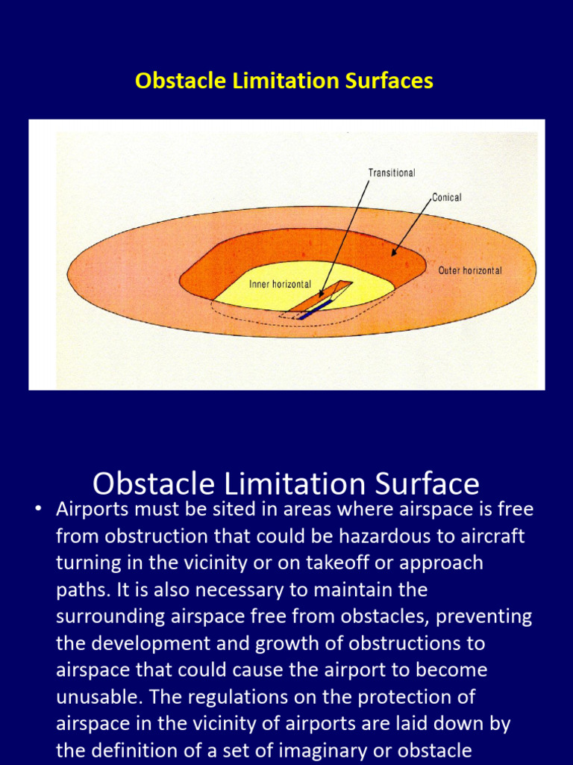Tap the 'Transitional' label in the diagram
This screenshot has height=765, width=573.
click(x=392, y=173)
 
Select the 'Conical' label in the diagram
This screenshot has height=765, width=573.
click(x=446, y=197)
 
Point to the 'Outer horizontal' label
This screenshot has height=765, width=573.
click(x=470, y=270)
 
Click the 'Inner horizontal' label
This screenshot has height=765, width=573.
click(x=280, y=285)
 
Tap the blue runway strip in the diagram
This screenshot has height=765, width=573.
click(x=314, y=309)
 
